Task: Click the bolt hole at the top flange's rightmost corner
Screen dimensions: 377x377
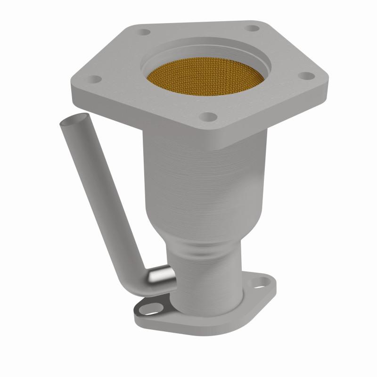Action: [x=307, y=75]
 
